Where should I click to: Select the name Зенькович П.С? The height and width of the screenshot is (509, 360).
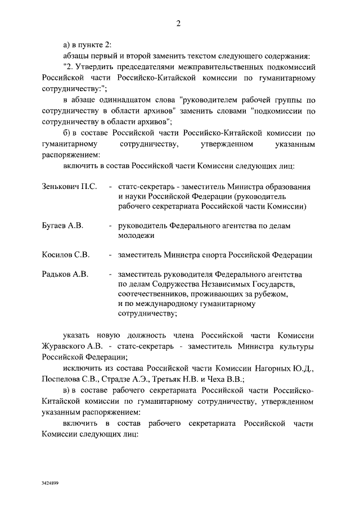pos(70,186)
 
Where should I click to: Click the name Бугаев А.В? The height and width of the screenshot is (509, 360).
pos(62,226)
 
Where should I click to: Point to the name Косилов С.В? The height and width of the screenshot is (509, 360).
pos(66,255)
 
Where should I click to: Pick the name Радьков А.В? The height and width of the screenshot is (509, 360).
pos(65,274)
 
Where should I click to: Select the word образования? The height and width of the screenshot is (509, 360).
pos(284,186)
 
